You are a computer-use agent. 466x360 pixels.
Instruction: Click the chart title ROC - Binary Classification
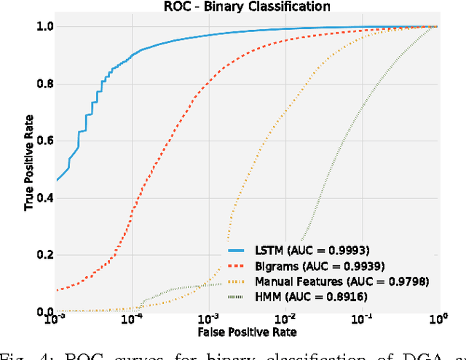click(x=248, y=7)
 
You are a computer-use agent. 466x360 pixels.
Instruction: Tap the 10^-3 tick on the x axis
click(x=209, y=320)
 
